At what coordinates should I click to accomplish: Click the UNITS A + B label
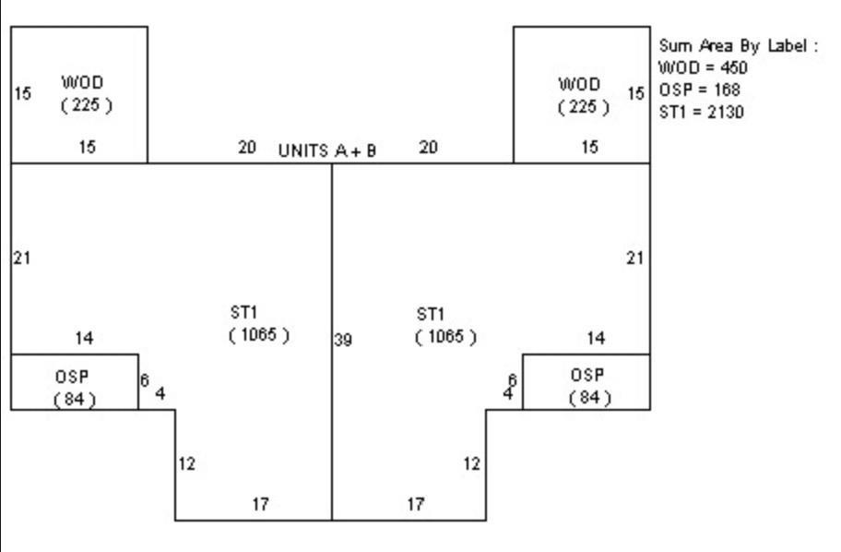click(x=327, y=150)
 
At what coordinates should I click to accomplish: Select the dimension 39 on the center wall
click(x=343, y=340)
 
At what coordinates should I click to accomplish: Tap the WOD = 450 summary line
click(x=703, y=67)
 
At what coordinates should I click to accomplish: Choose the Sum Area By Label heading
click(x=738, y=45)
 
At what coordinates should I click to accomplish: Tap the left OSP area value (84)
click(x=76, y=399)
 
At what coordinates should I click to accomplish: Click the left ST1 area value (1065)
click(x=259, y=334)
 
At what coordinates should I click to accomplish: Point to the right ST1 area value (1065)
click(x=445, y=336)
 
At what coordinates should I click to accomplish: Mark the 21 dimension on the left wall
click(x=21, y=258)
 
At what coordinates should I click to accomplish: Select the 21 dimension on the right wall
click(x=634, y=258)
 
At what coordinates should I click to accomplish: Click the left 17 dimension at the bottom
click(x=261, y=504)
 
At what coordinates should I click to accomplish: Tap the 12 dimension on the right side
click(x=471, y=464)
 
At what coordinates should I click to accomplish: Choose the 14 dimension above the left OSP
click(x=84, y=339)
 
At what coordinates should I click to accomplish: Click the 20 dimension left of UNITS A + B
click(x=247, y=147)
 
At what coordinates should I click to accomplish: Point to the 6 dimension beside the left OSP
click(x=144, y=380)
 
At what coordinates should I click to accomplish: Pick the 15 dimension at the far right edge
click(x=635, y=93)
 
